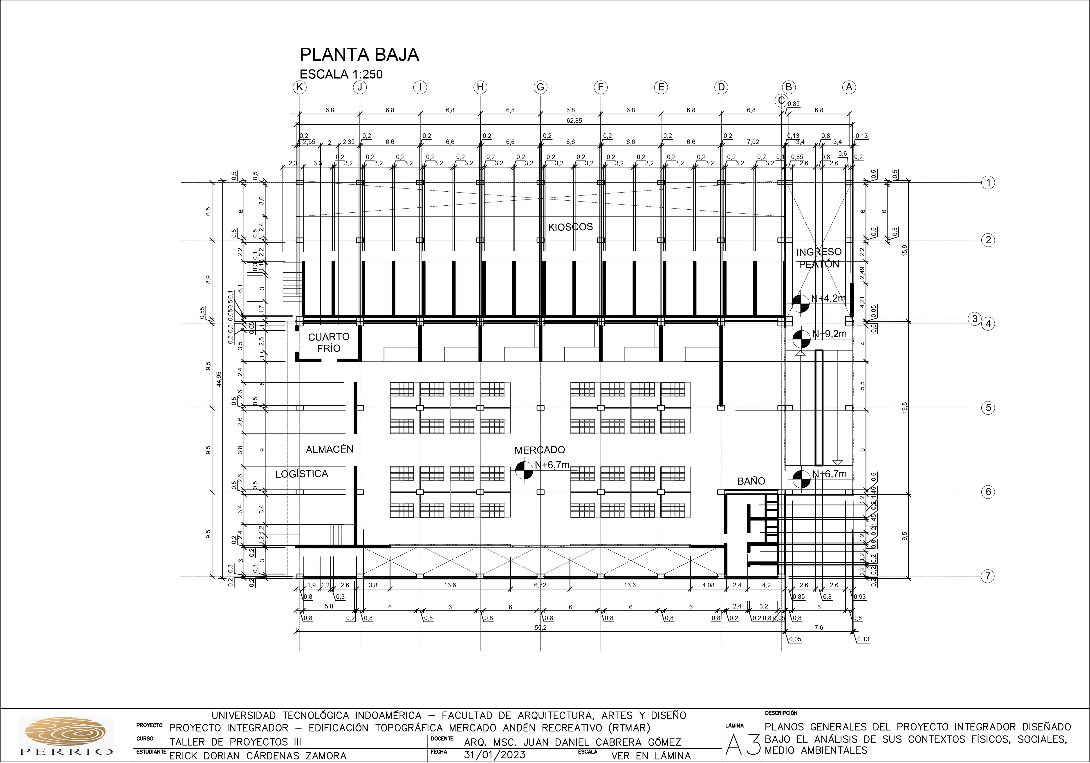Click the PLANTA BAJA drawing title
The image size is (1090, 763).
pyautogui.click(x=359, y=55)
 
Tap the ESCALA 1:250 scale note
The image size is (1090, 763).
pyautogui.click(x=341, y=74)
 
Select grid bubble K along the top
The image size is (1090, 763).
pyautogui.click(x=300, y=87)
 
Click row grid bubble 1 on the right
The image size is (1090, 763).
pyautogui.click(x=988, y=182)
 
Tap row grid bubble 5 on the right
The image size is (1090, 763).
pyautogui.click(x=988, y=407)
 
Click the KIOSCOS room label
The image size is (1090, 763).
pyautogui.click(x=570, y=227)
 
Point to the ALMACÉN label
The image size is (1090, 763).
pyautogui.click(x=330, y=449)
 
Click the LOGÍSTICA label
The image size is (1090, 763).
pyautogui.click(x=301, y=473)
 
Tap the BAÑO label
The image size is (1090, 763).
pyautogui.click(x=751, y=481)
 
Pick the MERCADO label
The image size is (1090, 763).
pyautogui.click(x=540, y=450)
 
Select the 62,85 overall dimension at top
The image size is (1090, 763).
pyautogui.click(x=574, y=121)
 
